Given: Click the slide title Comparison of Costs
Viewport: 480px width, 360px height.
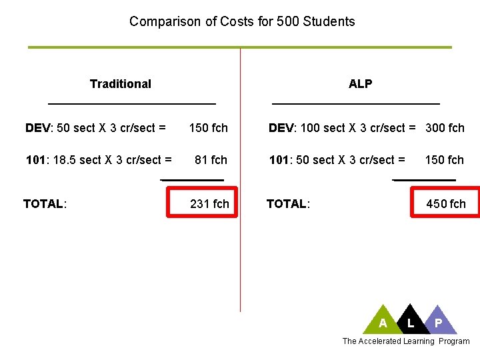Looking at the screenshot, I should click(x=242, y=21).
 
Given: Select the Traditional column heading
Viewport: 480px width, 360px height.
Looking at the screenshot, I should click(x=121, y=84).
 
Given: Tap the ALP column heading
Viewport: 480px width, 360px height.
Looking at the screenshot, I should click(x=360, y=84).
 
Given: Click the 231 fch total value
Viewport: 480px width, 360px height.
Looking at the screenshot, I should click(x=209, y=204).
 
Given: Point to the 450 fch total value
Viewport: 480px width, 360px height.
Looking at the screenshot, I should click(x=446, y=204).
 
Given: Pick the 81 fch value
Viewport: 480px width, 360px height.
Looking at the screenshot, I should click(x=211, y=160).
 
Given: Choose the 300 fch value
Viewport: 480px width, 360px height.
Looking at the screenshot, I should click(x=445, y=128).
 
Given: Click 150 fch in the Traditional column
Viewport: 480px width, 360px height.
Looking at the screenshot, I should click(x=209, y=128).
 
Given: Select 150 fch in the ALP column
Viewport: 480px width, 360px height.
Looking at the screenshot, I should click(x=445, y=160).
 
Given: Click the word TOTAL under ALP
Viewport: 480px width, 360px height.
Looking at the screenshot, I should click(x=287, y=204).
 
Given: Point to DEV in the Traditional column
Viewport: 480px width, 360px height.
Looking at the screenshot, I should click(x=38, y=128).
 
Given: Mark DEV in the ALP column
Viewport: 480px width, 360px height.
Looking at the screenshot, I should click(x=281, y=128).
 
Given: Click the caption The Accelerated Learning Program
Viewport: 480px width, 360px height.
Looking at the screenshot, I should click(x=405, y=341).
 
